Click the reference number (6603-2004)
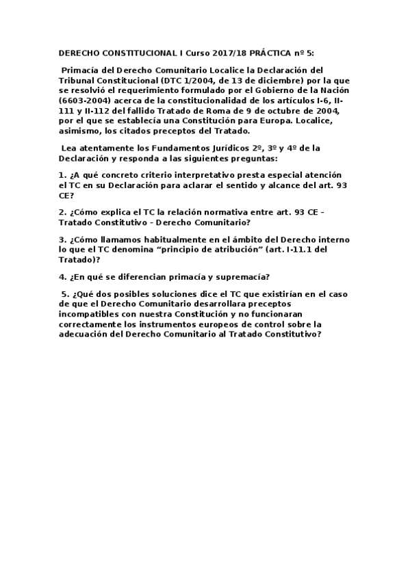84,102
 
